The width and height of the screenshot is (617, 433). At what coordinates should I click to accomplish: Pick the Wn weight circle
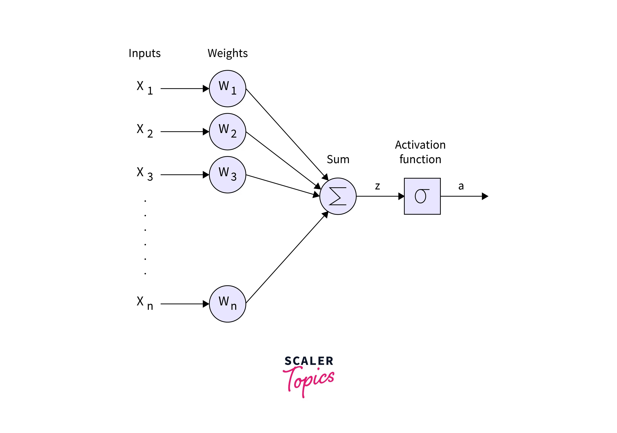coord(227,304)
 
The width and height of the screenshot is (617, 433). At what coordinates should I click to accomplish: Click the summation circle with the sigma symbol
coord(338,196)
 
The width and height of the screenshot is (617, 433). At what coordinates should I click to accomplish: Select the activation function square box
coord(422,196)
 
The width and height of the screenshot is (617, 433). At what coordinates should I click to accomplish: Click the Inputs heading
coord(145,53)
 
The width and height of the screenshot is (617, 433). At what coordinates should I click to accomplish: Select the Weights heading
coord(227,53)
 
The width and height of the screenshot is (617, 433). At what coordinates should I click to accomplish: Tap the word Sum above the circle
coord(338,159)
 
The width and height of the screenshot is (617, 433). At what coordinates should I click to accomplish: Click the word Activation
coord(420,145)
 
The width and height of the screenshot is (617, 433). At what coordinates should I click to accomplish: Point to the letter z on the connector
coord(377,186)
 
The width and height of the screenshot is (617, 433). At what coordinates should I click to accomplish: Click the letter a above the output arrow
coord(461,186)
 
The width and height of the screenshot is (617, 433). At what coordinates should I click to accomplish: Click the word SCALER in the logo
coord(309,361)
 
